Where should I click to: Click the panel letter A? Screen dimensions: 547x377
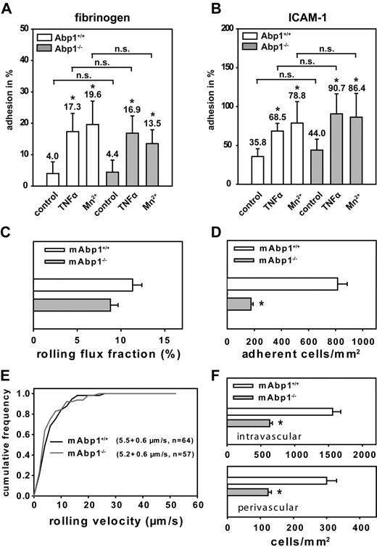[x=7, y=7]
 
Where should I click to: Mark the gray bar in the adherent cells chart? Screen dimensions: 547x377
[x=239, y=305]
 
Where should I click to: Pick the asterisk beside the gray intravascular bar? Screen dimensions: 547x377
[x=281, y=422]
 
